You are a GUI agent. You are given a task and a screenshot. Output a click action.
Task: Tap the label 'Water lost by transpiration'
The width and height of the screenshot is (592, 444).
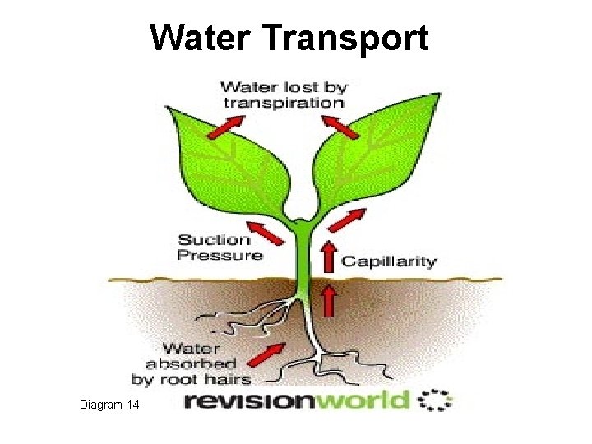[282, 94]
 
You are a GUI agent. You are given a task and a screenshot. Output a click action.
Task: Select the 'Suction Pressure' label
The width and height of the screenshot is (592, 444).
[220, 247]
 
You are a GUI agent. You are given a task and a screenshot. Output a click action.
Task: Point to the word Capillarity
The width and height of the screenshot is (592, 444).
[389, 261]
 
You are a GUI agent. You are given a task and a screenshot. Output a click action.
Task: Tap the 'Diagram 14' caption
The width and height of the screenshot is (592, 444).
[110, 405]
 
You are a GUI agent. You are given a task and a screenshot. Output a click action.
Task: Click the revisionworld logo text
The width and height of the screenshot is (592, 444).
[295, 401]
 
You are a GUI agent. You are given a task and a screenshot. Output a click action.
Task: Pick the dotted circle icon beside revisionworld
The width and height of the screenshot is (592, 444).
[435, 400]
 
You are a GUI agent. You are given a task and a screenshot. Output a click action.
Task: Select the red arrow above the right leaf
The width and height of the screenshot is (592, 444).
[339, 127]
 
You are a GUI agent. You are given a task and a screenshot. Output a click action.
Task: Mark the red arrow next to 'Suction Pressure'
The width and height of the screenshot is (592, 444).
[266, 230]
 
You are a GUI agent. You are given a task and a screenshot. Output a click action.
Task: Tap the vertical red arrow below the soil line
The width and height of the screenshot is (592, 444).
[328, 299]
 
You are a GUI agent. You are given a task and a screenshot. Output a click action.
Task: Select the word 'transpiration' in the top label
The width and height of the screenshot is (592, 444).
[282, 103]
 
